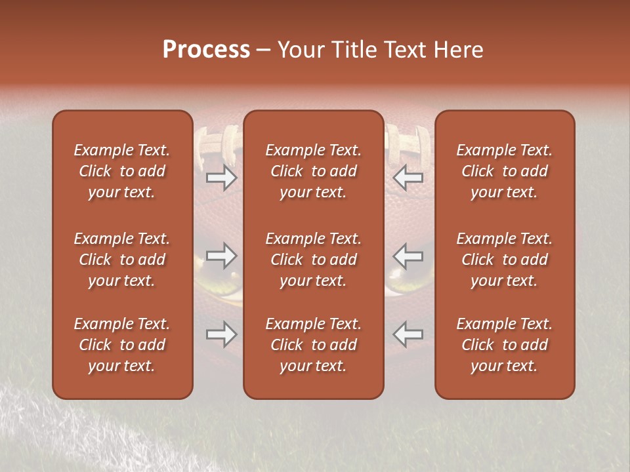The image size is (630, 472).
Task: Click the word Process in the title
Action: coord(206,50)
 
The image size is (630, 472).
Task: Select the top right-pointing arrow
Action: coord(222,178)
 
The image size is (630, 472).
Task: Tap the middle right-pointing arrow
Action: coord(222,256)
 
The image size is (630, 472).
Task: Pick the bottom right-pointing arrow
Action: coord(222,334)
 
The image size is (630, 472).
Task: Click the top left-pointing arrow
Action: coord(408,178)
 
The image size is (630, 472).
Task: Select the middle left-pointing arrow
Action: coord(408,256)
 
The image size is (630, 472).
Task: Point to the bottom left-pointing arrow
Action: coord(408,334)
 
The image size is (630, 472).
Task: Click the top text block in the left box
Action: coord(122,171)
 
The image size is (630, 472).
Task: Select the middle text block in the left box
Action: coord(122,260)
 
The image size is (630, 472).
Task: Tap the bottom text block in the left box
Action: coord(122,345)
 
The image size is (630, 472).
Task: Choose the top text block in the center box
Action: coord(313,171)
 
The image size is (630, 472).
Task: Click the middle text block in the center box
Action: coord(313,260)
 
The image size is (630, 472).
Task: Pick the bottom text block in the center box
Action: coord(313,345)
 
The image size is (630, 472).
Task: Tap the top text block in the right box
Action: coord(504,171)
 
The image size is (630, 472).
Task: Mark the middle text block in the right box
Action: coord(504,260)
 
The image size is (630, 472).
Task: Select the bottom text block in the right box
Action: coord(504,345)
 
